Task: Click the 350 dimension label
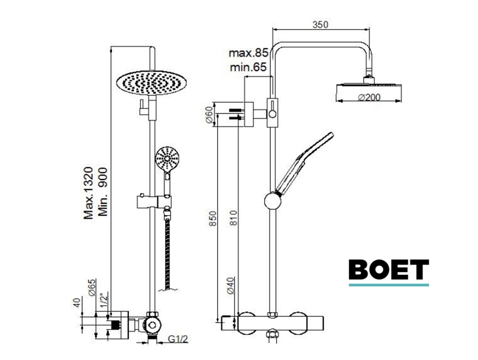click(320, 24)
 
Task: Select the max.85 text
click(249, 53)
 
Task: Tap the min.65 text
click(248, 67)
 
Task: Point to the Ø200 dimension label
click(370, 97)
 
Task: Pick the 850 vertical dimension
click(213, 219)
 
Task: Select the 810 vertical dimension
click(233, 218)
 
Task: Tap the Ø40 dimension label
click(231, 285)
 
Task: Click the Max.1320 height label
click(89, 193)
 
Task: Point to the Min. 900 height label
click(104, 192)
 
